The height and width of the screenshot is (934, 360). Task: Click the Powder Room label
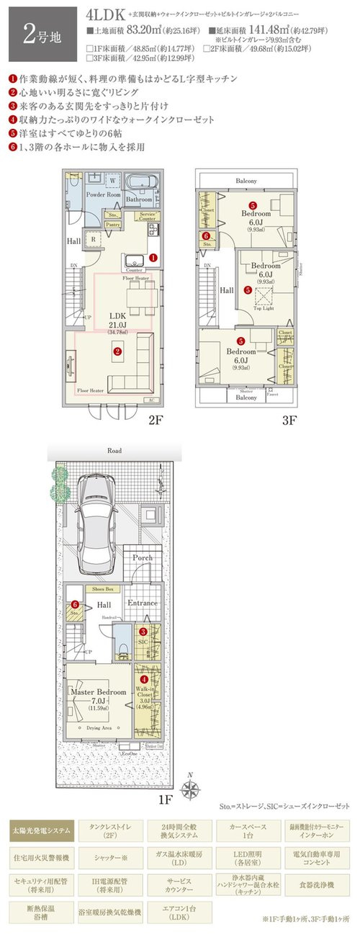(x=103, y=194)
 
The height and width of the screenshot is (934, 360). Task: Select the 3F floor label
(x=289, y=419)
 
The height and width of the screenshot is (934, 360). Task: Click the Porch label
(x=143, y=558)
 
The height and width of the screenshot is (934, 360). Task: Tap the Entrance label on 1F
(x=143, y=603)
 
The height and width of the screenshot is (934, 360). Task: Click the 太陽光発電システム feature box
(x=41, y=830)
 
